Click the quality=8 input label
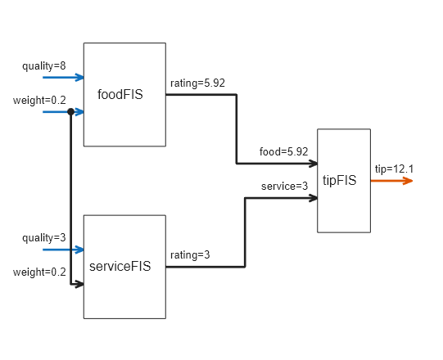tap(43, 65)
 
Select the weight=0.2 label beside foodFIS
tap(39, 100)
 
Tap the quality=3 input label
tap(43, 237)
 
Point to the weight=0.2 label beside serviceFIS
tap(39, 272)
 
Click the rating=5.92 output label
tap(197, 83)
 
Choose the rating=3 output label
tap(190, 254)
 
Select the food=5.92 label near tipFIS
tap(283, 151)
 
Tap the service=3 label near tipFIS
tap(284, 186)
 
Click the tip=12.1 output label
tap(394, 169)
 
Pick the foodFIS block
tap(124, 94)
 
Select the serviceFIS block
tap(124, 267)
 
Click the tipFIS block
tap(343, 181)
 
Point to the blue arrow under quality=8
tap(63, 78)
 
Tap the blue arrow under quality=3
tap(63, 250)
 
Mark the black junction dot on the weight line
tap(71, 112)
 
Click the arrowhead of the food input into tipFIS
tap(312, 164)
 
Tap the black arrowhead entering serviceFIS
tap(79, 284)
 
